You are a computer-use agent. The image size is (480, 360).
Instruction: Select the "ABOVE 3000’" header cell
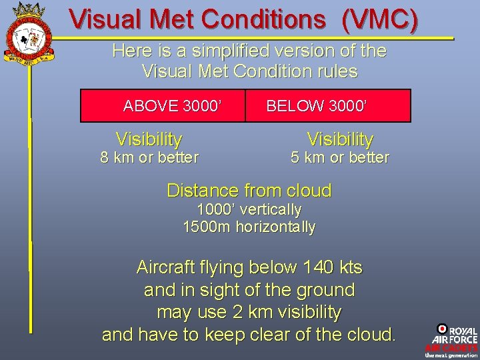point(172,105)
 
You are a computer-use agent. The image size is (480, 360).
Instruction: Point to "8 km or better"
point(149,158)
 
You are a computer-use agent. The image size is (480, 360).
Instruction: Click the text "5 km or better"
point(340,158)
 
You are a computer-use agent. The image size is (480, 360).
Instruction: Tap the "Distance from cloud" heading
point(249,191)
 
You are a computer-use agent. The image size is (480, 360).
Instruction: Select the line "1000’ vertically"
point(249,209)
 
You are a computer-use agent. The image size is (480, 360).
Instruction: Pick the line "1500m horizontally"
point(249,227)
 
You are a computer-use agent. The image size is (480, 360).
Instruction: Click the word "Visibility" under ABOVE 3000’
point(149,139)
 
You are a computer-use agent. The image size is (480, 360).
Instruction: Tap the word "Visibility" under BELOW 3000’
point(340,139)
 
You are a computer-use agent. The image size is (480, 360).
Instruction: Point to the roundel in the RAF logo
point(442,329)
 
